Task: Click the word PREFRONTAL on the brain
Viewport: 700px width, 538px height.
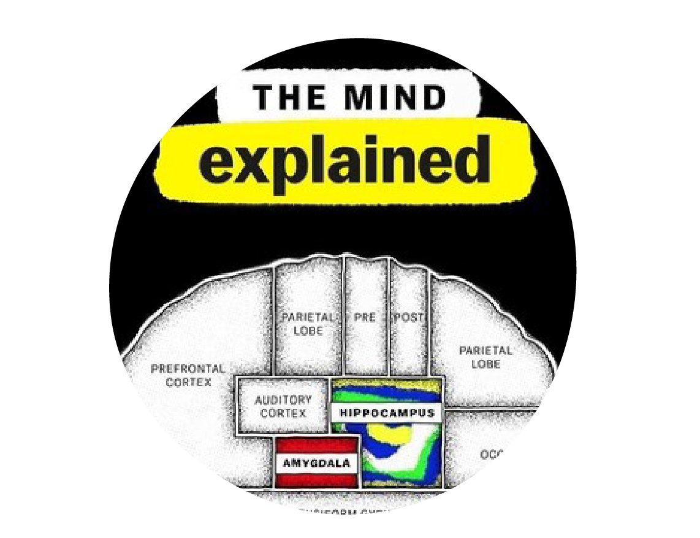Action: tap(188, 369)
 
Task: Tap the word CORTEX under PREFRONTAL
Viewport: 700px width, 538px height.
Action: tap(189, 383)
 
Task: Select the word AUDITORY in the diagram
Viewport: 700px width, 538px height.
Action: tap(283, 400)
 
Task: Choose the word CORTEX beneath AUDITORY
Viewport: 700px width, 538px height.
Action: tap(283, 413)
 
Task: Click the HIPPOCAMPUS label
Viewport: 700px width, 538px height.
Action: tap(387, 413)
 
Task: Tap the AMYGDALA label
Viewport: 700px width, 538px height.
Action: tap(316, 463)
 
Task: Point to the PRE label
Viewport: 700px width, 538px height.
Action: tap(365, 318)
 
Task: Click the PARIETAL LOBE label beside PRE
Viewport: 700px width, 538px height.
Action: tap(308, 324)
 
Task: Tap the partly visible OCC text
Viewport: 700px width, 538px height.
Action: tap(490, 455)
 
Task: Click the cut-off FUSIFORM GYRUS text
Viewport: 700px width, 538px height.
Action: tap(348, 510)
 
